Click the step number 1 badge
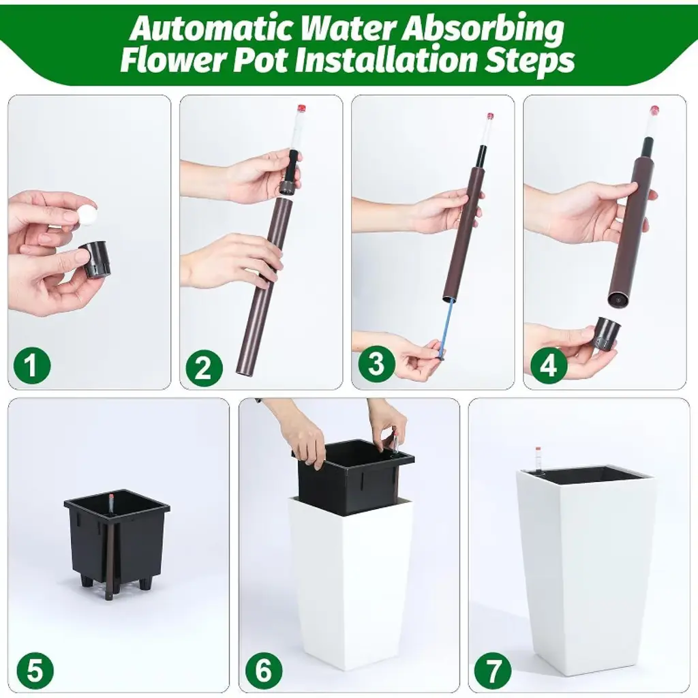click(31, 365)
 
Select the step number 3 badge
click(376, 364)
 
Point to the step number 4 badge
click(549, 365)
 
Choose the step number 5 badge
click(35, 671)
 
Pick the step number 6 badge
click(264, 669)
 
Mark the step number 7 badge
click(492, 671)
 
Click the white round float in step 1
click(86, 213)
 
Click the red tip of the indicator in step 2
click(302, 108)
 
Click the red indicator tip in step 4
click(654, 110)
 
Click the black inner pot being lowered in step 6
click(352, 476)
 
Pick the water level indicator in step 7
click(538, 461)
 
